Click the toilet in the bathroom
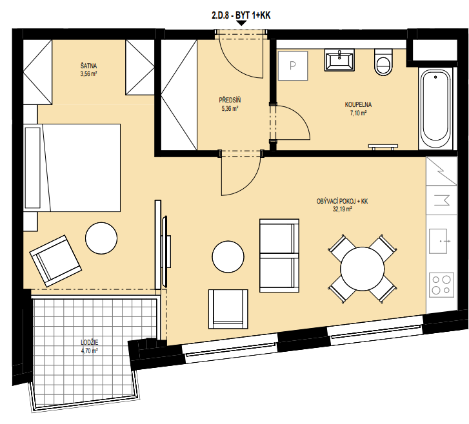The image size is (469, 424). coord(383,62)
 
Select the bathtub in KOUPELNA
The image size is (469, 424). coord(435,109)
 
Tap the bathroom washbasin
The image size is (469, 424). coord(339,60)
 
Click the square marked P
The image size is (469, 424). coord(293,66)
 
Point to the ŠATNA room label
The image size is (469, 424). coord(88,66)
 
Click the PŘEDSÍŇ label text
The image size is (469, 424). coord(230,100)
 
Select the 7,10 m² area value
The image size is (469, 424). coord(358,113)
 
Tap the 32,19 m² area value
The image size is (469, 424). coord(342,209)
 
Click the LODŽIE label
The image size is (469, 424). coord(90,342)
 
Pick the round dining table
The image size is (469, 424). coord(362,269)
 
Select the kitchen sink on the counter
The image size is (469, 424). coord(439,241)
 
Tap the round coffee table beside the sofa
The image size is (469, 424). coord(228,257)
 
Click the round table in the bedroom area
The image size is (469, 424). coord(101,238)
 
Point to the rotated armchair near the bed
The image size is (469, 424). coord(55,261)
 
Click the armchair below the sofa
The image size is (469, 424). coord(228,309)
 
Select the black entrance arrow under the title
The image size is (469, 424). coord(241,23)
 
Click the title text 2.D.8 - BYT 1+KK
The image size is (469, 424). coord(241,15)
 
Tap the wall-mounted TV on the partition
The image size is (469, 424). coord(165,252)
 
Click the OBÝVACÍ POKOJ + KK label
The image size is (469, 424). coord(342,202)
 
